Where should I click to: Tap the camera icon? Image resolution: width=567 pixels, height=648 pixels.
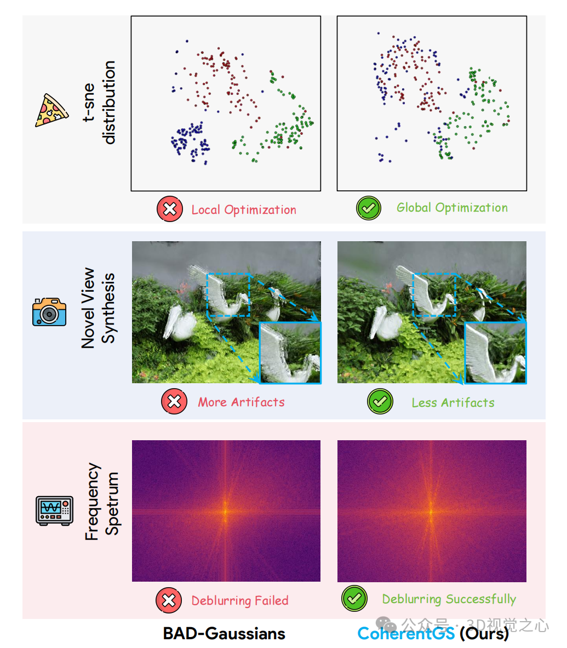[x=49, y=312]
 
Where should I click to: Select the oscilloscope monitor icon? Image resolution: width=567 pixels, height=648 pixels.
[x=54, y=510]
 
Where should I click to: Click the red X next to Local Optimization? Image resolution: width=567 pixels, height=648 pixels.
[x=170, y=209]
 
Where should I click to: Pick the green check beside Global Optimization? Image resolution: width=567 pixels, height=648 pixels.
[x=369, y=208]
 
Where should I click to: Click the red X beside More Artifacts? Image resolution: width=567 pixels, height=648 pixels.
[x=174, y=402]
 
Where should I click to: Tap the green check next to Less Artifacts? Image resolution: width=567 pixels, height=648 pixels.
[x=380, y=402]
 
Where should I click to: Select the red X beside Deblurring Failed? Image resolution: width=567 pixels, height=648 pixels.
[x=169, y=600]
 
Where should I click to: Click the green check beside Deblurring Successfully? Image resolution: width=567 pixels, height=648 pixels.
[x=354, y=598]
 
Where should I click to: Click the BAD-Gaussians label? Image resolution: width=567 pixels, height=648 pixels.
[x=224, y=634]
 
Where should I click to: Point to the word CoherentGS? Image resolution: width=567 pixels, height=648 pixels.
[x=406, y=634]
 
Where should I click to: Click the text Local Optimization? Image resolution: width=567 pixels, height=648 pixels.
[x=244, y=210]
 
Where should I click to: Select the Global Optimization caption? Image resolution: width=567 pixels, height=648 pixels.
[x=452, y=208]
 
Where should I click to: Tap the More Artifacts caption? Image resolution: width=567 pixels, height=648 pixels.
[x=241, y=402]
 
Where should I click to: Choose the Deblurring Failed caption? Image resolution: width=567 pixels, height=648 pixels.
[x=240, y=601]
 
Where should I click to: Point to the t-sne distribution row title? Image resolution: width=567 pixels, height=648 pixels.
[x=100, y=103]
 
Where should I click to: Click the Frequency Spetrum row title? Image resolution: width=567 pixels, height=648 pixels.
[x=102, y=502]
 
